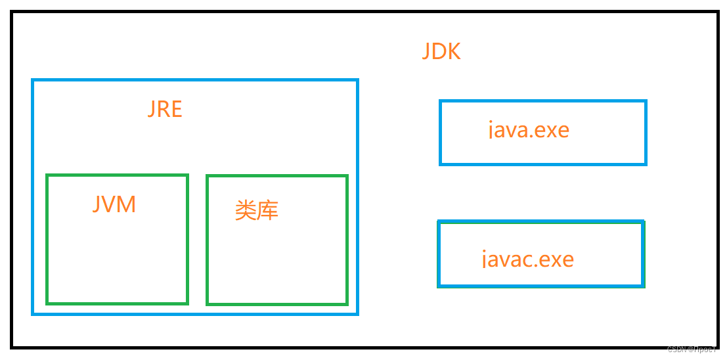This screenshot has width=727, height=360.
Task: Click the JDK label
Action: [441, 51]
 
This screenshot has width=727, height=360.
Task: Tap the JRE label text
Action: [165, 109]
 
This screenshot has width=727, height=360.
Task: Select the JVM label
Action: [114, 204]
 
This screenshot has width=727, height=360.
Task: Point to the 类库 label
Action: [257, 210]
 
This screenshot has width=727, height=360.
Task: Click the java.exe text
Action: [529, 129]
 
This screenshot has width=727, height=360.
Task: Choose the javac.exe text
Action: [528, 259]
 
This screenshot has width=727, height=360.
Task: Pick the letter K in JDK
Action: [454, 51]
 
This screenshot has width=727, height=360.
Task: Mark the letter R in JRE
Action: [164, 109]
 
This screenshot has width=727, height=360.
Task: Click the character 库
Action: [268, 210]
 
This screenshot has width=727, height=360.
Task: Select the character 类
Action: [246, 210]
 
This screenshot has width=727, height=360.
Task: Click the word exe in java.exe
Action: [552, 129]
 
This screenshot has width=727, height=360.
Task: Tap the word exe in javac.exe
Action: [556, 259]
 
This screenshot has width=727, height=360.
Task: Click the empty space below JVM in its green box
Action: [117, 263]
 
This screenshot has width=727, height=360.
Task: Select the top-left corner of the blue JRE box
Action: [33, 81]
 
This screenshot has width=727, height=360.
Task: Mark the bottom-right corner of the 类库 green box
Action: [346, 304]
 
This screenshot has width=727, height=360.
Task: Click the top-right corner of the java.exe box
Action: [646, 102]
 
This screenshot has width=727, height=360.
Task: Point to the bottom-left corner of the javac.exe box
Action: [439, 285]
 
